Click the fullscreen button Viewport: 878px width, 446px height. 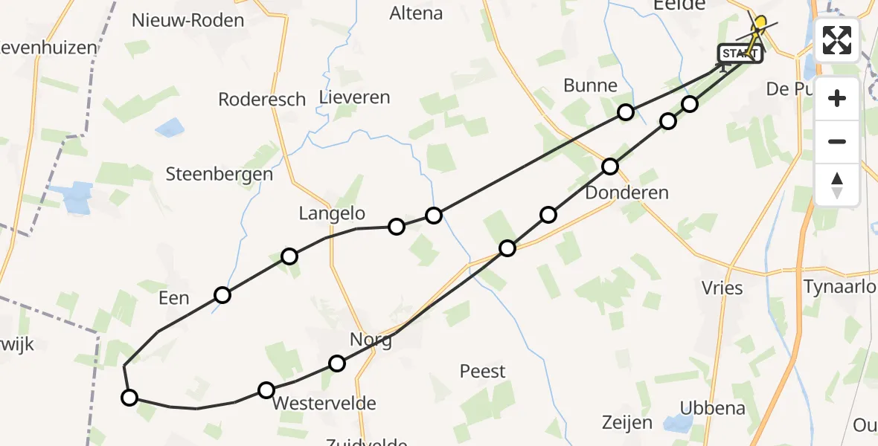pos(837,40)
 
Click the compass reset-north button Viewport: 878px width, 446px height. pos(837,185)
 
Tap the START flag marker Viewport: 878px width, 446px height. pos(740,54)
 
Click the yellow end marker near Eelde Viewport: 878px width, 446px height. pos(760,23)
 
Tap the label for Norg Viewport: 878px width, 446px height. pos(371,340)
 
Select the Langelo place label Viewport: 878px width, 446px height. pos(332,214)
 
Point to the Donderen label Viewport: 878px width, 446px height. pos(627,193)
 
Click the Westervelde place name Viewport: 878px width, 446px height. pos(324,404)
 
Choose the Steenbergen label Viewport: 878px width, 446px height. pos(219,175)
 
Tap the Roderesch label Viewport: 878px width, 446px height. pos(262,100)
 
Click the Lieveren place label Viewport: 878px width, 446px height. pos(354,97)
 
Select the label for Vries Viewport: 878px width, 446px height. pos(722,288)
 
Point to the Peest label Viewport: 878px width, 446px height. pos(482,371)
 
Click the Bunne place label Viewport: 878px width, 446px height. pos(590,85)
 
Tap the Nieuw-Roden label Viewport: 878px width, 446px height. pos(188,20)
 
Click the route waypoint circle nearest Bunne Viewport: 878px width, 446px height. pos(626,112)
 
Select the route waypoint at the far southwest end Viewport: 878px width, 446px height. pos(129,398)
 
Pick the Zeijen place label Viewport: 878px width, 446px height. pos(627,423)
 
